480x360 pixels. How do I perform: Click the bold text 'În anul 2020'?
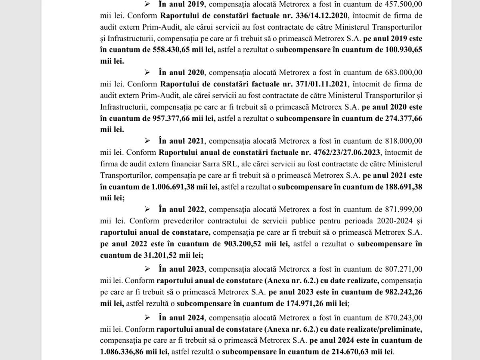[x=182, y=73]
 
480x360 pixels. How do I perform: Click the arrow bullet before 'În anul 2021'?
[x=148, y=141]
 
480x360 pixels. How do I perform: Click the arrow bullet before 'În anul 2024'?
[x=148, y=318]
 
